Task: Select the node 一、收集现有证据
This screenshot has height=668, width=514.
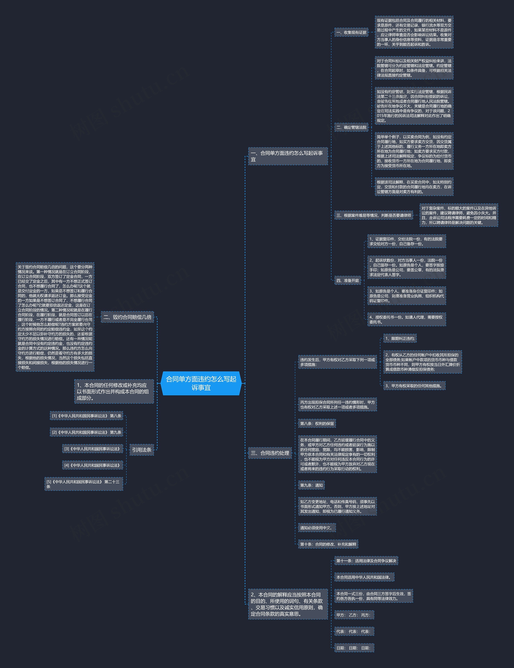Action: [351, 32]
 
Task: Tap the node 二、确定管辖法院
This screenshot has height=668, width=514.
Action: [351, 127]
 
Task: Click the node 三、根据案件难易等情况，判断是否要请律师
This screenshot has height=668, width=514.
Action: [373, 216]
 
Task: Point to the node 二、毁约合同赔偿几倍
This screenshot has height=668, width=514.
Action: [127, 317]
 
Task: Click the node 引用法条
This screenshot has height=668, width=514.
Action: [142, 450]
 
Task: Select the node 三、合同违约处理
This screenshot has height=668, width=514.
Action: [270, 453]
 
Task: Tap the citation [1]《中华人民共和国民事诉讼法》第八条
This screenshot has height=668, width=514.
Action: [87, 416]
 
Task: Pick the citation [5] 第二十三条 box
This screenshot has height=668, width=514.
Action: [84, 484]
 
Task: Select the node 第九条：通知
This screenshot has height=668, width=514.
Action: [311, 485]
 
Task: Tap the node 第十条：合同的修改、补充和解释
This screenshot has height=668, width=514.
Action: [328, 544]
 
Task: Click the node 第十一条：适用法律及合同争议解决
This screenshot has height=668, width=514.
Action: [366, 561]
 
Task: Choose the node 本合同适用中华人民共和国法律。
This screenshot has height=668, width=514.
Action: [364, 577]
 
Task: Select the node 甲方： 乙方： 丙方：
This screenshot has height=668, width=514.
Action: [354, 615]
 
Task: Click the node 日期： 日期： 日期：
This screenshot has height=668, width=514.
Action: [354, 648]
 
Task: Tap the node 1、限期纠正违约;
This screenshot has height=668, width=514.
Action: [400, 339]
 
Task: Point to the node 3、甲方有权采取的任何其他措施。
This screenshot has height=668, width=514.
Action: [414, 386]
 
